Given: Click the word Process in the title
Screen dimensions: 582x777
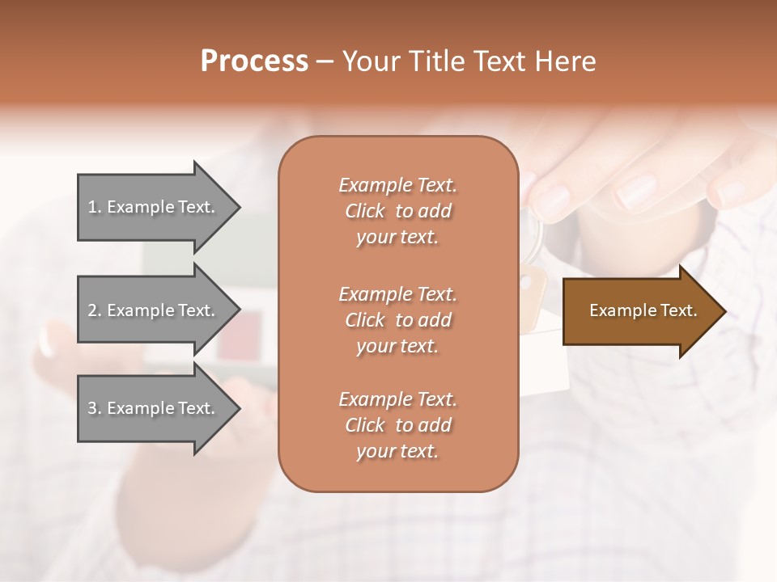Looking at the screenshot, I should pyautogui.click(x=254, y=61).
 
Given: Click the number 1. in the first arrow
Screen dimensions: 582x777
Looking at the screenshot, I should pyautogui.click(x=95, y=207).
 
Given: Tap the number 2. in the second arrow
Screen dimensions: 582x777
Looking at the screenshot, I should pyautogui.click(x=95, y=310).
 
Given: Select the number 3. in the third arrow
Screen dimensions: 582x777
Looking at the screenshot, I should pyautogui.click(x=95, y=408).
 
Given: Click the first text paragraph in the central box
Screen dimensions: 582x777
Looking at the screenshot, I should pyautogui.click(x=397, y=211).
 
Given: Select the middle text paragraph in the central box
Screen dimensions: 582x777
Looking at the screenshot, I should pyautogui.click(x=397, y=320).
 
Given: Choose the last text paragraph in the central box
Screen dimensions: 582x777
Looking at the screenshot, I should pyautogui.click(x=397, y=425).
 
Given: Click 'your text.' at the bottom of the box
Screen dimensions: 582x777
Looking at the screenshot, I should pyautogui.click(x=397, y=452).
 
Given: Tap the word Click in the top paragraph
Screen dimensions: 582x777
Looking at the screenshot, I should pyautogui.click(x=365, y=211).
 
